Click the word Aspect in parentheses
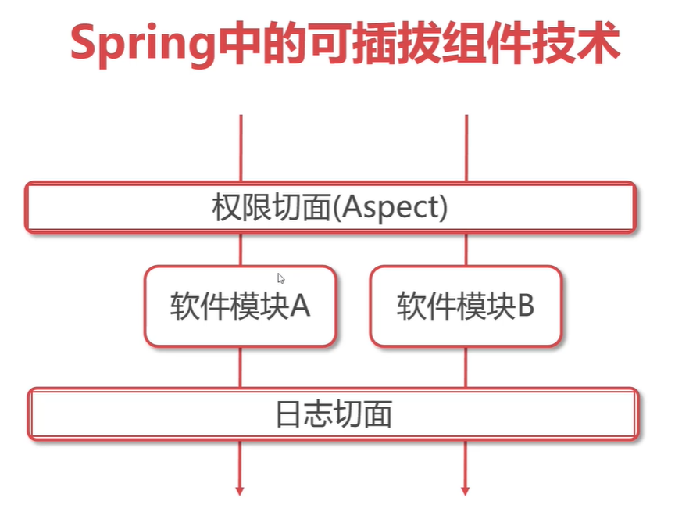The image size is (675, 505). point(391,209)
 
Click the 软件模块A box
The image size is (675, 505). point(240,306)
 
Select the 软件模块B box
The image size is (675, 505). point(466,306)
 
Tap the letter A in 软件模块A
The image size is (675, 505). point(300,306)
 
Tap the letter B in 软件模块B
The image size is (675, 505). point(525,306)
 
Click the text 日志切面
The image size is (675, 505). point(334,414)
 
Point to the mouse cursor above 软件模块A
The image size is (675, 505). point(280,277)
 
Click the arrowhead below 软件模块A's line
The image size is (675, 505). point(240,490)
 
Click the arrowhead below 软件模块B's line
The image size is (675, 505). point(466,490)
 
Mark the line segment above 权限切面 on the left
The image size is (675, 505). point(241,149)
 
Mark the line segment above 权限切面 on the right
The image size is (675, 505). point(466,149)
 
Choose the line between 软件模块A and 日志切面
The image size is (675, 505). point(241,367)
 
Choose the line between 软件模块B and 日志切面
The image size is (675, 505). point(466,367)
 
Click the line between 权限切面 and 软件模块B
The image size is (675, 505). point(466,249)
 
